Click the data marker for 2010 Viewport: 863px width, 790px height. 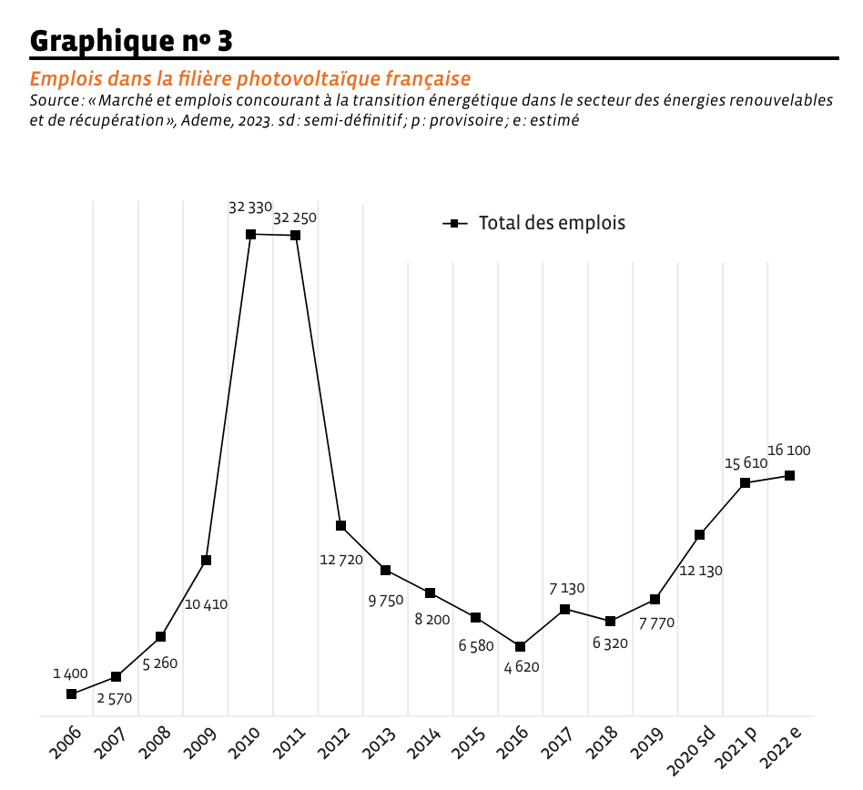pos(250,234)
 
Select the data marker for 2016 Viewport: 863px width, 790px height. pos(520,646)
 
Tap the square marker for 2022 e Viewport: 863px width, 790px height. pos(789,475)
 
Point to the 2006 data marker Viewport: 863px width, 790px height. pos(71,694)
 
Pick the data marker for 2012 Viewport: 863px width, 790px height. pos(340,525)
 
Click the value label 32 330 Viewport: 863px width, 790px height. pos(250,208)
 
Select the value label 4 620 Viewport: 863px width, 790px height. pos(522,667)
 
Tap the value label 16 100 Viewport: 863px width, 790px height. pos(789,451)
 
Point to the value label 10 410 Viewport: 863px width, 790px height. pos(206,604)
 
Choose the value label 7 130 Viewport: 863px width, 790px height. pos(567,589)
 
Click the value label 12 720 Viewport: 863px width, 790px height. pos(341,561)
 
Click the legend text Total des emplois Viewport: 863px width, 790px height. pos(552,223)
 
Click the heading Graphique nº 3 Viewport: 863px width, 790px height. pos(131,40)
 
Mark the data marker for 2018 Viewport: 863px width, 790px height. pos(610,621)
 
